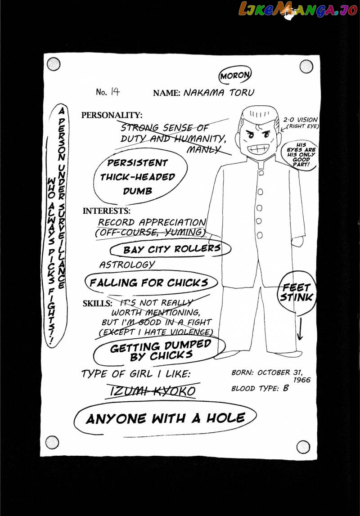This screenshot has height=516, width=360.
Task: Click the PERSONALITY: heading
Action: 112,115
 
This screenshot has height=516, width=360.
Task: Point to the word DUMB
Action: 138,191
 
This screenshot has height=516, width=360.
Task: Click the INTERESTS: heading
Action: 107,211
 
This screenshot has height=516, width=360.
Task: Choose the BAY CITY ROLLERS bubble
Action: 171,248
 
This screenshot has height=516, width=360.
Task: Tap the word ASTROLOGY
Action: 127,265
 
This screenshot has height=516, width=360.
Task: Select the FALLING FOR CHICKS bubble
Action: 148,283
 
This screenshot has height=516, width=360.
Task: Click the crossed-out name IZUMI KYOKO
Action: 153,391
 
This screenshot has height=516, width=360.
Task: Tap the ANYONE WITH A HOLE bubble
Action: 165,418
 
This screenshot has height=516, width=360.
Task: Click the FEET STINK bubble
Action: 296,292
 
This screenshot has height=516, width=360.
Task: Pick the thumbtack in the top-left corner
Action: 53,64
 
